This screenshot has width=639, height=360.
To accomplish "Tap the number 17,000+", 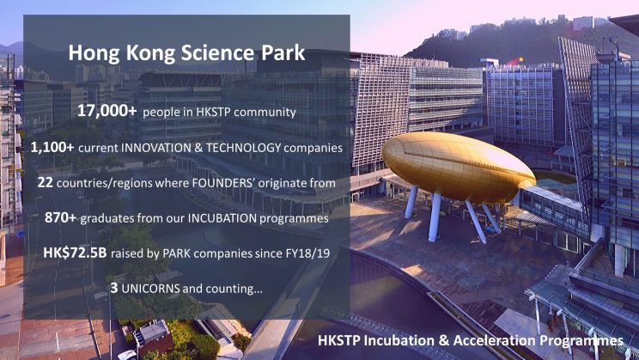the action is pyautogui.click(x=107, y=111).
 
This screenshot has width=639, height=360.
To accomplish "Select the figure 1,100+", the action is pyautogui.click(x=52, y=147).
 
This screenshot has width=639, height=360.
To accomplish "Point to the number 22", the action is pyautogui.click(x=46, y=182).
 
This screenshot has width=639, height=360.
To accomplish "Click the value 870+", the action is pyautogui.click(x=60, y=217).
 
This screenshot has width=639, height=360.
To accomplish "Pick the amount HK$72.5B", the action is pyautogui.click(x=75, y=253).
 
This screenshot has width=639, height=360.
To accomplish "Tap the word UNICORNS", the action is pyautogui.click(x=151, y=289).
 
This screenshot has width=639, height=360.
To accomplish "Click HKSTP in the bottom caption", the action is pyautogui.click(x=338, y=340).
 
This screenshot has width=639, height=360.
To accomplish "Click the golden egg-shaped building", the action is pyautogui.click(x=458, y=167).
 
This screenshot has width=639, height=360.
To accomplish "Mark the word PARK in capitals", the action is pyautogui.click(x=177, y=253).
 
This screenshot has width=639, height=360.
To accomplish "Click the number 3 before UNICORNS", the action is pyautogui.click(x=114, y=288).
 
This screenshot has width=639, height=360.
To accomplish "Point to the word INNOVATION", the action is pyautogui.click(x=156, y=148).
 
